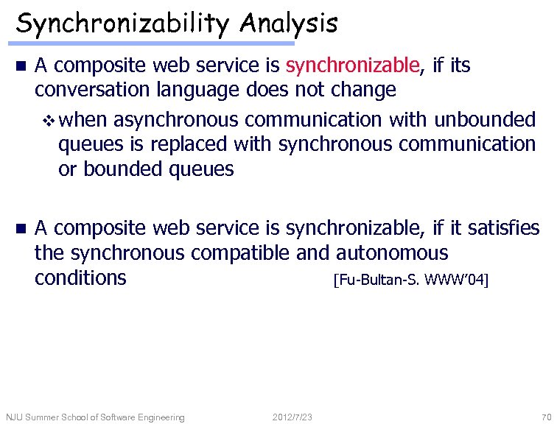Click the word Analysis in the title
tap(288, 24)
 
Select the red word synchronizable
tap(352, 66)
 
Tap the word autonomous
tap(391, 254)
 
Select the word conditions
tap(80, 278)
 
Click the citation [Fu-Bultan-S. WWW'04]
tap(410, 280)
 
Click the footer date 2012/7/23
tap(292, 417)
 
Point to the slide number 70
tap(545, 417)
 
